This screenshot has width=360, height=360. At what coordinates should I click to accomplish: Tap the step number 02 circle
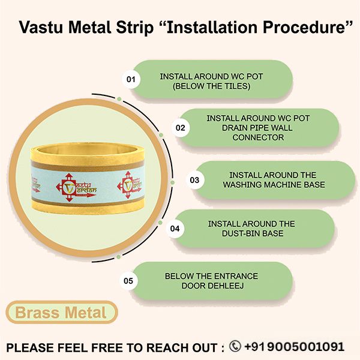[179, 128]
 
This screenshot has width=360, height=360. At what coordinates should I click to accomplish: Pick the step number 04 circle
[175, 229]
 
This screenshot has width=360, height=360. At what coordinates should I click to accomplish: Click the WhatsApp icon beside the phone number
[235, 346]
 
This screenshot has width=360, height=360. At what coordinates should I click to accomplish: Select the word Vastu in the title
[41, 28]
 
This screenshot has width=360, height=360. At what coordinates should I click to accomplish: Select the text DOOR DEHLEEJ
[211, 286]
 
